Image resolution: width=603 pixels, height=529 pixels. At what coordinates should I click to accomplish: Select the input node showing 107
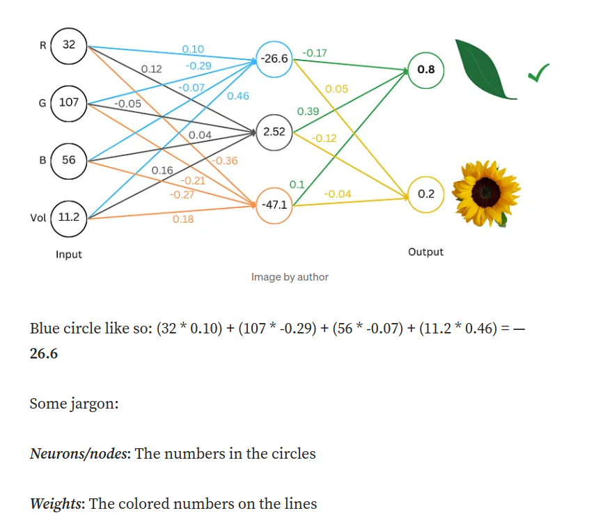(x=68, y=102)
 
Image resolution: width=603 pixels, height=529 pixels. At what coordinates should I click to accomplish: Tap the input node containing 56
(x=68, y=159)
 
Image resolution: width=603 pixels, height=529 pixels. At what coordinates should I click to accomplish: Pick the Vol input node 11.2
(x=68, y=217)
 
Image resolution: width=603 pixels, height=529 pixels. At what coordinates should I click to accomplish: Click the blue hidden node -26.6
(x=274, y=58)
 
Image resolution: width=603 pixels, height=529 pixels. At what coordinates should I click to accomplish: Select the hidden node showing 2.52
(x=274, y=131)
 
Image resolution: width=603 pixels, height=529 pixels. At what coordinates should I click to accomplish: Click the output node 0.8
(x=425, y=70)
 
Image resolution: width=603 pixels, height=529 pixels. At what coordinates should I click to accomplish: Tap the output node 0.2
(x=425, y=194)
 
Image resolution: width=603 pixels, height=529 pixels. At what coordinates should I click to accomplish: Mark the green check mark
(x=538, y=72)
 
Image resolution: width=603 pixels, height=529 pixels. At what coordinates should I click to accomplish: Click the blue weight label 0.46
(x=238, y=96)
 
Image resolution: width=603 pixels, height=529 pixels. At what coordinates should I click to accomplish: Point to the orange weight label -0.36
(x=224, y=161)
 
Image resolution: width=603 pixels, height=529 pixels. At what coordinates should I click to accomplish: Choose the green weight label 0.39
(x=308, y=111)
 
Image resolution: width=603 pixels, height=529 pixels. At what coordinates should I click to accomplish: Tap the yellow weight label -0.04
(x=338, y=194)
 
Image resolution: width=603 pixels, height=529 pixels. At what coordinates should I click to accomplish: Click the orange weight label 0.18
(x=183, y=219)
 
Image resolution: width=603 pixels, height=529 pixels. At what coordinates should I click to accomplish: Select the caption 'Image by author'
(x=290, y=277)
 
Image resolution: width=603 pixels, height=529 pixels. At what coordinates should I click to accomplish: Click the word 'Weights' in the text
(x=55, y=503)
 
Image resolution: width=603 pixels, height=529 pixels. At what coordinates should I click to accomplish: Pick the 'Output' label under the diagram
(x=425, y=252)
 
